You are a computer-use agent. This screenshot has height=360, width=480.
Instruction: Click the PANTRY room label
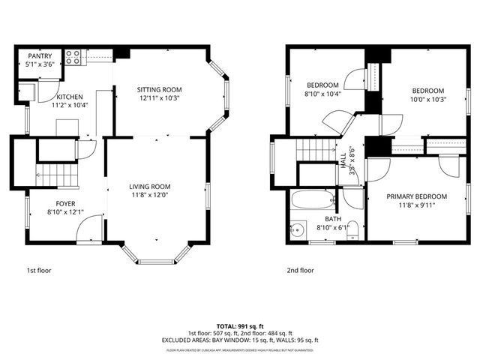(x=39, y=56)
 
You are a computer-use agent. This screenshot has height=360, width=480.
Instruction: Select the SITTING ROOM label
(x=159, y=90)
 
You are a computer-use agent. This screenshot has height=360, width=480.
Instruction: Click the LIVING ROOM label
(x=150, y=187)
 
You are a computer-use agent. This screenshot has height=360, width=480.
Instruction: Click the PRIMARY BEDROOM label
(x=416, y=196)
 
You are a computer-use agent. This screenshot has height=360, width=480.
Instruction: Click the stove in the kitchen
(x=73, y=55)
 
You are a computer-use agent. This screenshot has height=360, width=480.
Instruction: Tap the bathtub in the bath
(x=313, y=200)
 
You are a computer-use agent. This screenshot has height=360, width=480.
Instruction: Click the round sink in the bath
(x=298, y=229)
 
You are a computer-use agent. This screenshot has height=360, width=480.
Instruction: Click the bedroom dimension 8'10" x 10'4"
(x=323, y=94)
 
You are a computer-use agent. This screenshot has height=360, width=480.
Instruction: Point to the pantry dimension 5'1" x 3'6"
(x=39, y=64)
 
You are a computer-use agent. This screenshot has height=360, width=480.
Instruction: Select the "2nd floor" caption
(x=300, y=270)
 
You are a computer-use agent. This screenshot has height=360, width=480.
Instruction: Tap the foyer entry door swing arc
(x=90, y=225)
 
